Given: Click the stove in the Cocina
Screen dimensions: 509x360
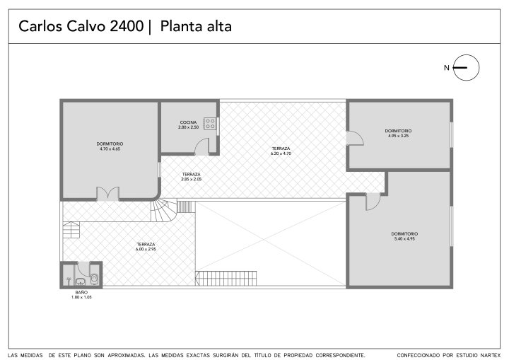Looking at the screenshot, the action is click(210, 124).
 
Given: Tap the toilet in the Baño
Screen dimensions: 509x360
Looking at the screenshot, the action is click(94, 279).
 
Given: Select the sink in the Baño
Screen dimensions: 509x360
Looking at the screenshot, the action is click(80, 281).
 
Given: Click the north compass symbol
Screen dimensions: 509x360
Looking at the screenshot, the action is click(466, 68).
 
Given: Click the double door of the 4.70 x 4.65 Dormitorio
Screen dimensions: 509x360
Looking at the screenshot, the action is click(108, 194).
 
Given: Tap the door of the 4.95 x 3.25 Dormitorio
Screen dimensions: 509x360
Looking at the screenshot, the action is click(355, 138).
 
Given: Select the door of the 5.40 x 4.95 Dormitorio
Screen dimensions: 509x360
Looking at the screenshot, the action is click(373, 202).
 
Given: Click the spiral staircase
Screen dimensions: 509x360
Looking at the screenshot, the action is click(164, 210).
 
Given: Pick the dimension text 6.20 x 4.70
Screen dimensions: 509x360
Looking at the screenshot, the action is click(281, 153).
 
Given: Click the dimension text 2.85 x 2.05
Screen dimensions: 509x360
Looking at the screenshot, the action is click(191, 179).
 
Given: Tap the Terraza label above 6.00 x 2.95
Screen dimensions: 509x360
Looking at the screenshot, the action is click(146, 244).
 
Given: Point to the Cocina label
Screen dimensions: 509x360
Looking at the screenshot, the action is click(188, 122).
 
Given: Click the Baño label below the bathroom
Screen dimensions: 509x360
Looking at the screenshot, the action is click(81, 292).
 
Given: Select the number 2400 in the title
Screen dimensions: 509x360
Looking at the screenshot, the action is click(127, 26).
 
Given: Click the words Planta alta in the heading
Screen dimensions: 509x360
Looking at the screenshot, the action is click(196, 26).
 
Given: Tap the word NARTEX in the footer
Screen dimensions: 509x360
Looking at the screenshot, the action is click(489, 356).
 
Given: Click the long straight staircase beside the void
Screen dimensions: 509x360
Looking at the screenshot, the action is click(226, 279).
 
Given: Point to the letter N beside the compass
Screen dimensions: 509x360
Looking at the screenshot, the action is click(447, 68).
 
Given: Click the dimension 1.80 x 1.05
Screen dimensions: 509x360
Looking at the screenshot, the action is click(81, 297).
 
